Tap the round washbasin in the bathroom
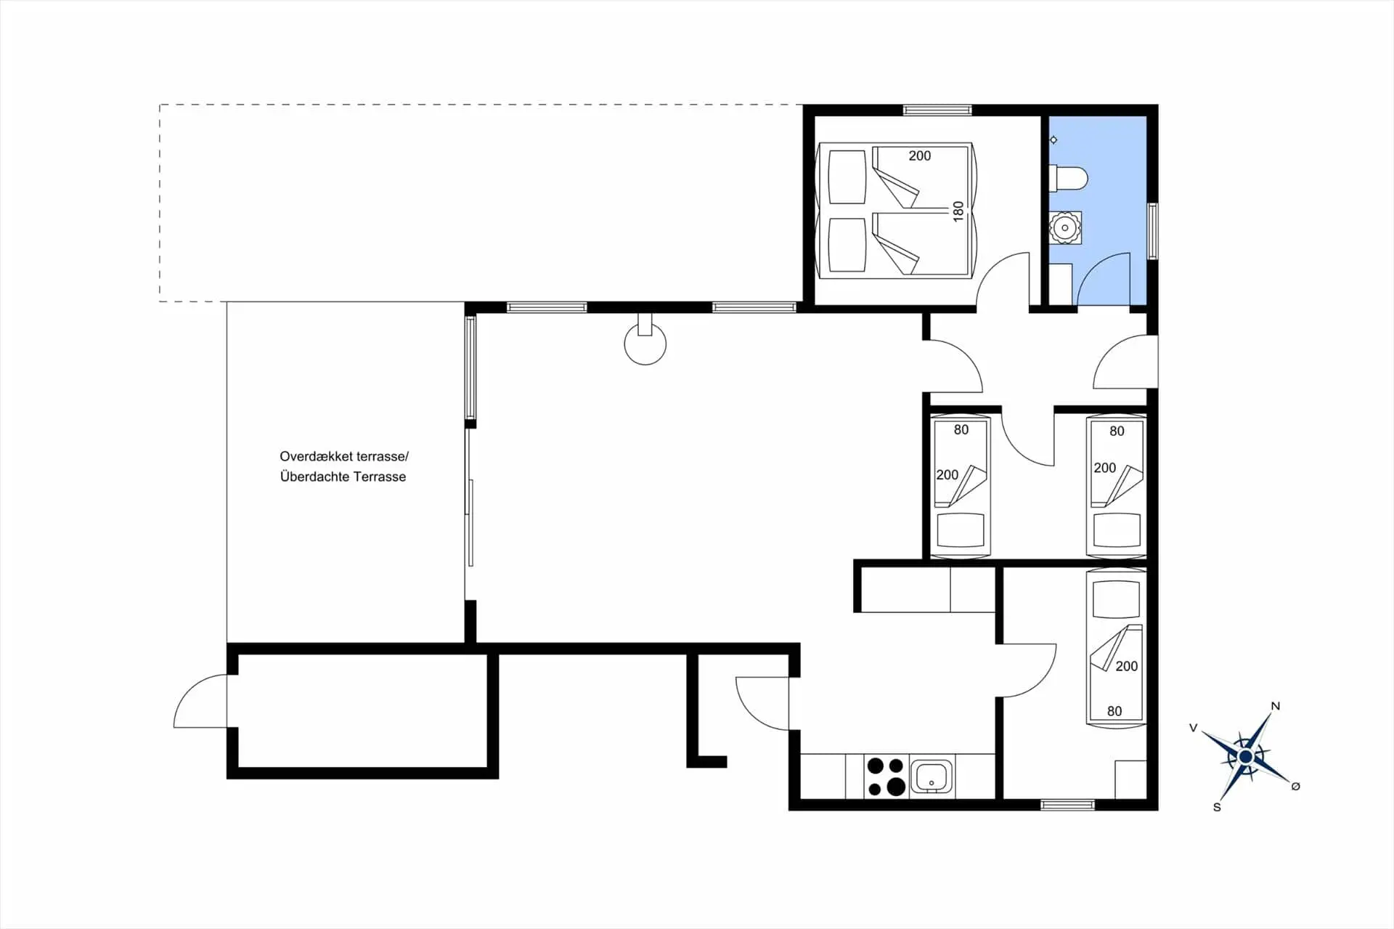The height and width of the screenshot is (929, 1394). (1065, 228)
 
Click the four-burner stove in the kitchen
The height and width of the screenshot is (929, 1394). (886, 776)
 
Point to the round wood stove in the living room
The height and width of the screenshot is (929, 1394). (645, 343)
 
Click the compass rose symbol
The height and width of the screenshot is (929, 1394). (1246, 757)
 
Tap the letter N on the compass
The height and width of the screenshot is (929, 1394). (1276, 706)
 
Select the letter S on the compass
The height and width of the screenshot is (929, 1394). (1217, 807)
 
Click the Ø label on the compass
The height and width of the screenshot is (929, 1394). (1296, 786)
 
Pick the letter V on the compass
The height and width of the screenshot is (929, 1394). (1193, 728)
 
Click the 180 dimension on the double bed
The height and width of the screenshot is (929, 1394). (958, 211)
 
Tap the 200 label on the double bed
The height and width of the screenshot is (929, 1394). (919, 155)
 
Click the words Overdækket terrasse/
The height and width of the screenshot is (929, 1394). (344, 457)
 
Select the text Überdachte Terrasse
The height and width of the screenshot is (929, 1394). (343, 477)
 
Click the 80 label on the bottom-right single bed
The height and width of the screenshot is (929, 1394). (1114, 711)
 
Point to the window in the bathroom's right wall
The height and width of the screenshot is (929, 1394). (1152, 231)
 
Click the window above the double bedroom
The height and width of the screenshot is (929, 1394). (937, 110)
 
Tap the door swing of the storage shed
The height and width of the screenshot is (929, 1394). (200, 701)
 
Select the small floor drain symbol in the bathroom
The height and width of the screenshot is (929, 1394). (1053, 139)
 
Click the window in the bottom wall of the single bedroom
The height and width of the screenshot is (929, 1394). (1067, 805)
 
